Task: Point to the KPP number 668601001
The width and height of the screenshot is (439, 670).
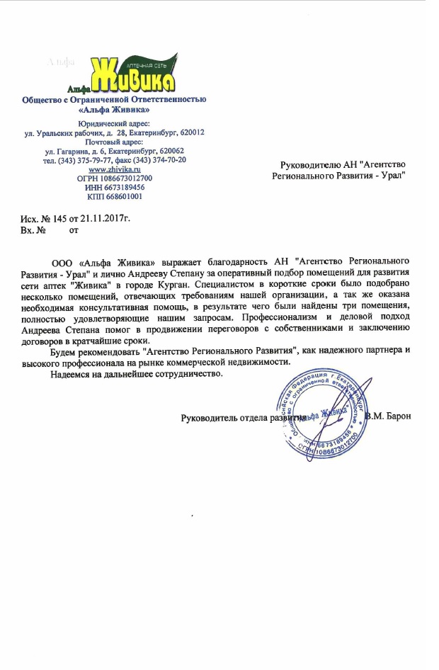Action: tap(125, 196)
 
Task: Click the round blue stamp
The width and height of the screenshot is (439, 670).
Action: tap(326, 418)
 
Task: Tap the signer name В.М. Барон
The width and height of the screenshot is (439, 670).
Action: tap(389, 416)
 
